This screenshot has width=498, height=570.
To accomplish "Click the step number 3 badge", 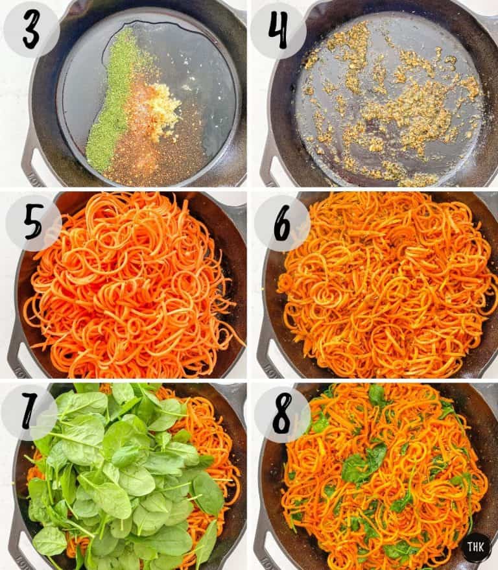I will (31, 30).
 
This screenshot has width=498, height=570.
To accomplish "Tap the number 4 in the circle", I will (278, 30).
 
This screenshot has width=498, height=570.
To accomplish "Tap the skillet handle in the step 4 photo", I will (272, 165).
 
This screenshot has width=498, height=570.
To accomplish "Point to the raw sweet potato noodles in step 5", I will (130, 285).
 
